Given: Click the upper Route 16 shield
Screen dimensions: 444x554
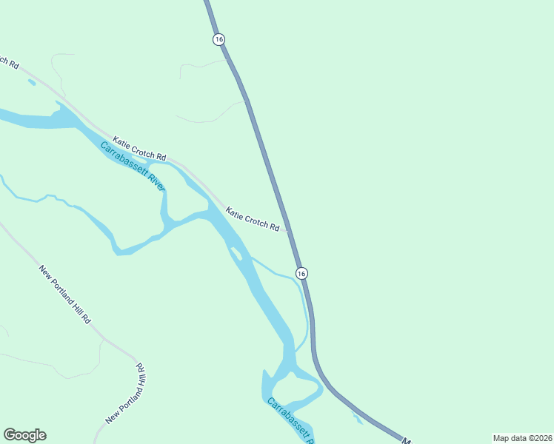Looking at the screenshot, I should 218,39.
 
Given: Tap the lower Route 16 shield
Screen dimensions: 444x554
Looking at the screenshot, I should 301,274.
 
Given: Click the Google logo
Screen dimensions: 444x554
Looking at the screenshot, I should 24,434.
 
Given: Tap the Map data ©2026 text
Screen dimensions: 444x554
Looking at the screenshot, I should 522,437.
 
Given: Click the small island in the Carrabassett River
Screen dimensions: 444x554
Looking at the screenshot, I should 237,255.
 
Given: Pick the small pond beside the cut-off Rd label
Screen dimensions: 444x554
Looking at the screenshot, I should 31,81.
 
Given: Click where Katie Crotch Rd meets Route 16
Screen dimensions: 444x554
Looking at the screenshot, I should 289,230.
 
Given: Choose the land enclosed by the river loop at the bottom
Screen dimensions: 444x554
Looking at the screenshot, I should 296,388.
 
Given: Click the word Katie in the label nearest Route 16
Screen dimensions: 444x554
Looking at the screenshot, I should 236,214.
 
